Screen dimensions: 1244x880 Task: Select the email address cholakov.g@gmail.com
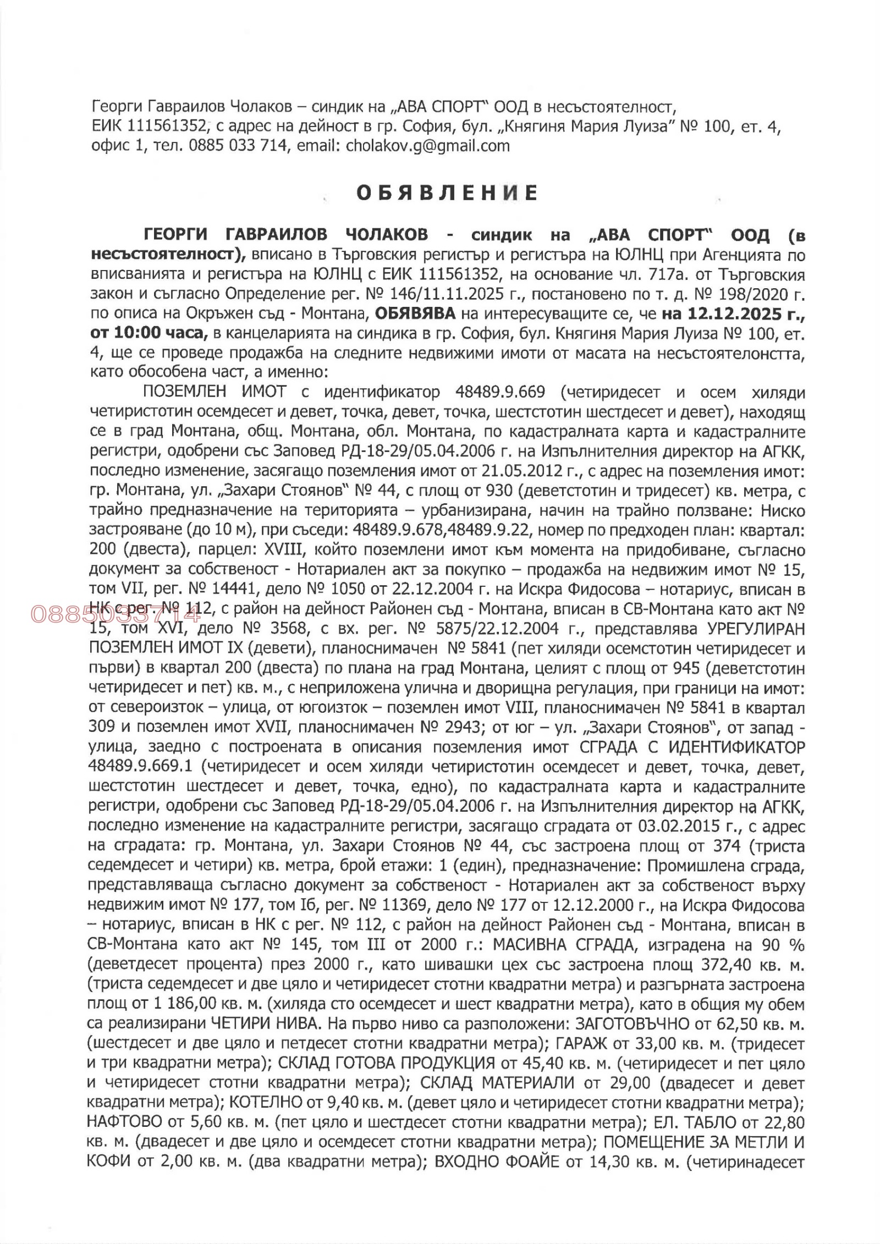pyautogui.click(x=427, y=146)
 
